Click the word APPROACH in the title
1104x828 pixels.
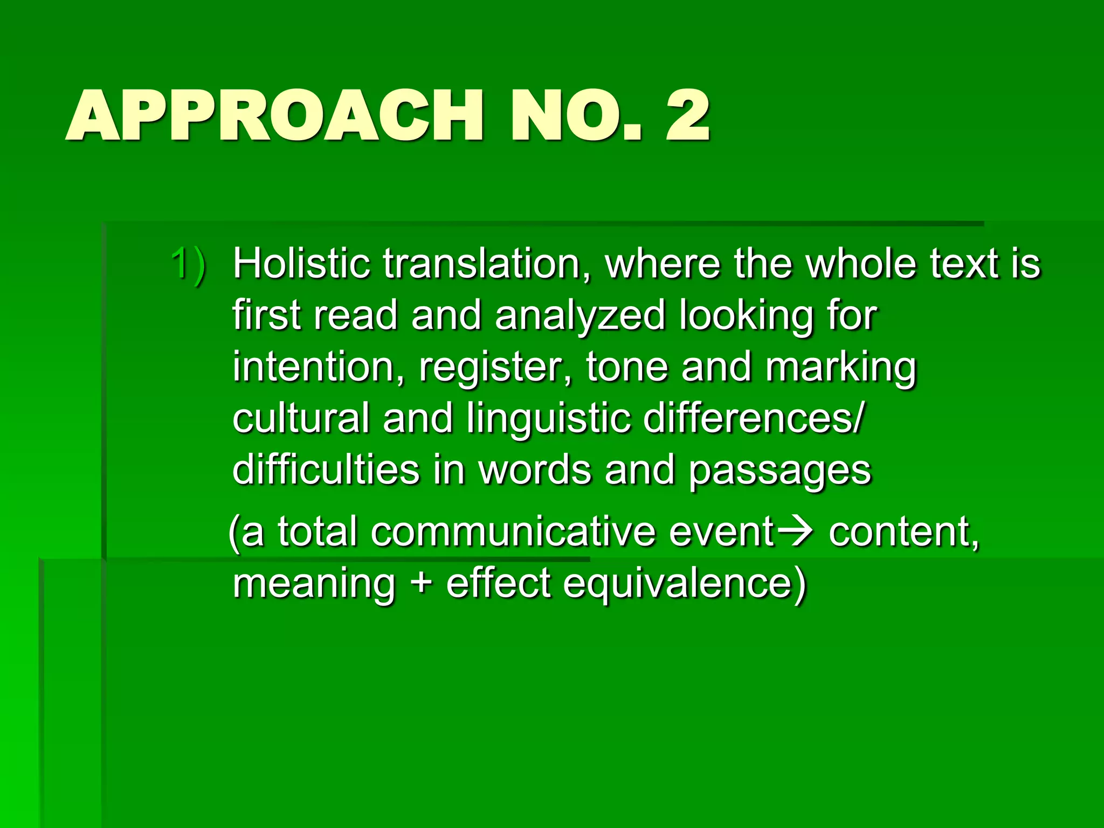[x=274, y=116]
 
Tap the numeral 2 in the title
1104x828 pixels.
[x=687, y=116]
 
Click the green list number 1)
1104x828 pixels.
[x=188, y=264]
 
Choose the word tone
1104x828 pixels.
[x=627, y=367]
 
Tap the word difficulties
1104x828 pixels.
[x=326, y=470]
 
